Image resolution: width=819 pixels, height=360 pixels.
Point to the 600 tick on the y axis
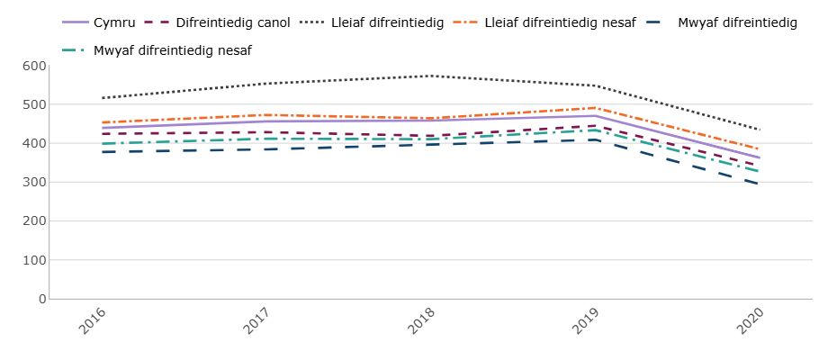(x=35, y=66)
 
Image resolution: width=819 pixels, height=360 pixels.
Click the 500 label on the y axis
(x=35, y=104)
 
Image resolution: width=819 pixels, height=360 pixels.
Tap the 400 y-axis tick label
(x=35, y=143)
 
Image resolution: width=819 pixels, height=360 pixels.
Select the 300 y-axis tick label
(x=35, y=182)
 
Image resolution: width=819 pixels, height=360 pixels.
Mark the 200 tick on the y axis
(x=35, y=220)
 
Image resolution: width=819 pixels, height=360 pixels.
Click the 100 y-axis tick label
(x=35, y=260)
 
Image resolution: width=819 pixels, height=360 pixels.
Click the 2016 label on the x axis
(x=92, y=321)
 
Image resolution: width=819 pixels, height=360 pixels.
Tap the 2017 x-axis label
(x=256, y=321)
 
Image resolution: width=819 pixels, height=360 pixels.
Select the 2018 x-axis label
(x=420, y=321)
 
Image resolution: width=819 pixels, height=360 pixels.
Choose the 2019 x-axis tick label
(x=585, y=321)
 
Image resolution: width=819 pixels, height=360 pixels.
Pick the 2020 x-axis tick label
(x=749, y=321)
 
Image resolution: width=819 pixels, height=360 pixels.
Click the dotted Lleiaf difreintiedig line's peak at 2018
(x=431, y=76)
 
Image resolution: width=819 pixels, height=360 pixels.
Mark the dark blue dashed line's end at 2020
(x=760, y=184)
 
